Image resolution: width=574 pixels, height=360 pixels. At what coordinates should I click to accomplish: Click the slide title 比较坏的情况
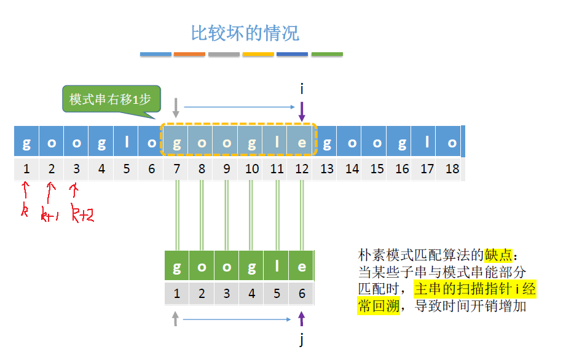(245, 33)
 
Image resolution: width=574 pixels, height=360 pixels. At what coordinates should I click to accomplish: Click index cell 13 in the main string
(327, 169)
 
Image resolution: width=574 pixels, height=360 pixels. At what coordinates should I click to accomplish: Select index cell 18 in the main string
(452, 169)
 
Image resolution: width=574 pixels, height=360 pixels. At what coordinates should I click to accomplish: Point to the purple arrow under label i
(302, 111)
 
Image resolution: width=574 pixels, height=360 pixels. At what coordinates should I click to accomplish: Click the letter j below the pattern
(302, 340)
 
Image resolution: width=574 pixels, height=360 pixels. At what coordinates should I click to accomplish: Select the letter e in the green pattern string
(302, 267)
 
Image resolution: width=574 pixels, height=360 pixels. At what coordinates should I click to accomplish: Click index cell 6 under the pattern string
(302, 294)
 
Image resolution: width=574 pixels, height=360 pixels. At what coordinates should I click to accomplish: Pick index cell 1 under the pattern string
(177, 294)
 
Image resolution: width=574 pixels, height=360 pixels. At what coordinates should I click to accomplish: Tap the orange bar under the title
(189, 55)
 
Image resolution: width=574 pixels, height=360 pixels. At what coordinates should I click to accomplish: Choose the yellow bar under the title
(258, 55)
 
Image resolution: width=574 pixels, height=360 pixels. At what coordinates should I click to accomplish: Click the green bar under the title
(327, 55)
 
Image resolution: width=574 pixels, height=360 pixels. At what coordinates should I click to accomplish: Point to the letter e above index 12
(302, 143)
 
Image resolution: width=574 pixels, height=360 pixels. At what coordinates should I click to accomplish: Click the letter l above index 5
(127, 143)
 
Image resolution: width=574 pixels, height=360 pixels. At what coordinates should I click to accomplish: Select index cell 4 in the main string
(101, 169)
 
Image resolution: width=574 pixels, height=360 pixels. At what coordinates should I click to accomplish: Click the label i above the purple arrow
(302, 90)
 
